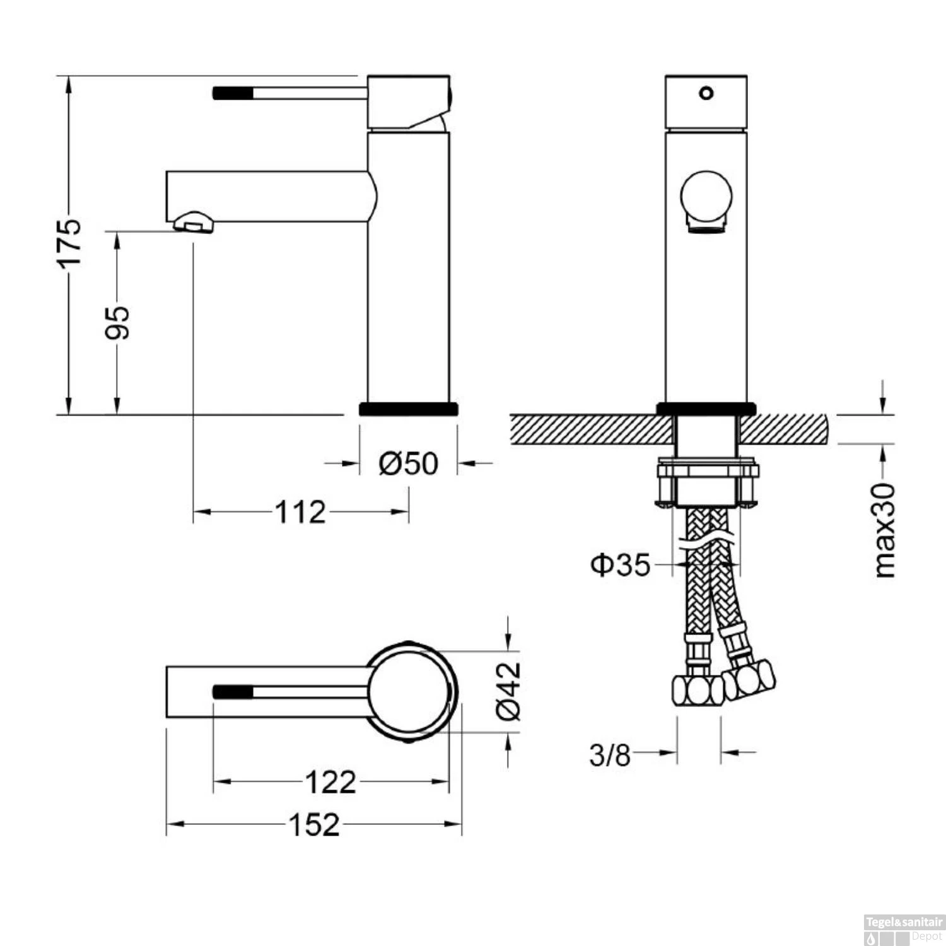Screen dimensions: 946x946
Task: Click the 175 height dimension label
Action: click(x=70, y=243)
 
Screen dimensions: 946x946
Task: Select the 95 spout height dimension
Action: click(x=117, y=322)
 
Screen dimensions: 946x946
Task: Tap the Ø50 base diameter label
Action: click(x=408, y=464)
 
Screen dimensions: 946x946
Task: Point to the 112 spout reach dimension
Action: click(x=300, y=511)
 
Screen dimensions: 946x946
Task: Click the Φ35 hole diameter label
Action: click(x=620, y=564)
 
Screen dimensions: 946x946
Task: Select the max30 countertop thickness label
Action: click(x=884, y=530)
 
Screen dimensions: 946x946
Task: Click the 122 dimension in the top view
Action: click(x=330, y=782)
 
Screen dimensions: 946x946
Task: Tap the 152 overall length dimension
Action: click(x=314, y=824)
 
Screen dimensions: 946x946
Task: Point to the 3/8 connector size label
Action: click(x=609, y=754)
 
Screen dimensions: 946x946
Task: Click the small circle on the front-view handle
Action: click(x=706, y=93)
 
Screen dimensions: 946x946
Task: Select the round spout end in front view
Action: click(x=706, y=197)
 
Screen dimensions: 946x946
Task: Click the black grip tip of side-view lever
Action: click(x=233, y=93)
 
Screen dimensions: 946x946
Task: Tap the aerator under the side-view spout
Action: click(x=193, y=223)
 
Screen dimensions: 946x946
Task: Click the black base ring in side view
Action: click(x=408, y=409)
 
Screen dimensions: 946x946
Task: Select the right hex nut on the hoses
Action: click(x=749, y=680)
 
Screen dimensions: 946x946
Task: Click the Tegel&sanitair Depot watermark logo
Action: click(x=903, y=930)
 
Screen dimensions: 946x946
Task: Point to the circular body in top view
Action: click(x=409, y=692)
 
